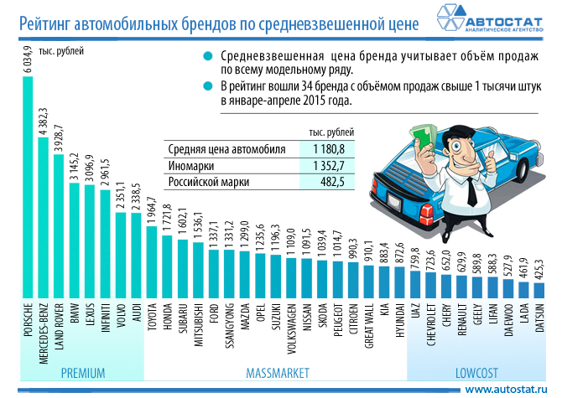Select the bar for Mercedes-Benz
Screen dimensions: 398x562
(x=43, y=218)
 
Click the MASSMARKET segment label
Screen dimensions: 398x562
(x=278, y=371)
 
